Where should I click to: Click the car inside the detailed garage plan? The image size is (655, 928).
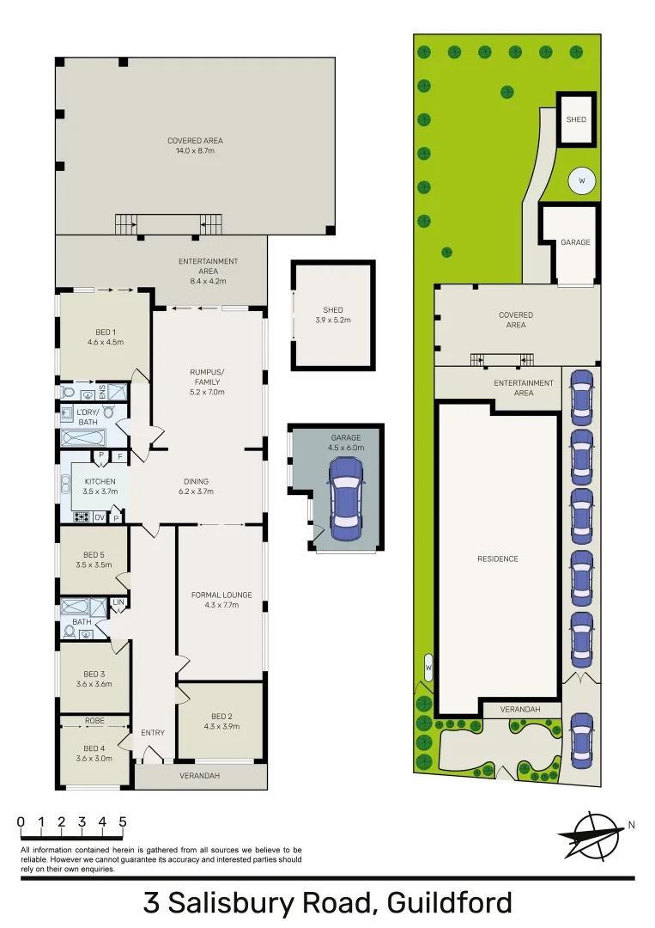[x=344, y=498]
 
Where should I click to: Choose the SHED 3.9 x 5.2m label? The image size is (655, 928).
[x=332, y=314]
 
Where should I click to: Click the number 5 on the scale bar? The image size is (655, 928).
[x=123, y=821]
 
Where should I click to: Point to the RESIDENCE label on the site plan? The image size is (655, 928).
[x=498, y=559]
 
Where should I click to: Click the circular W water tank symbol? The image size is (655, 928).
[x=581, y=181]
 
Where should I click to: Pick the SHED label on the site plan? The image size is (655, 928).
[x=576, y=119]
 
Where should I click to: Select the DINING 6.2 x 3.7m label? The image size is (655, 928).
[x=196, y=486]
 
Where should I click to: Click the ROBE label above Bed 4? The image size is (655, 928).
[x=94, y=721]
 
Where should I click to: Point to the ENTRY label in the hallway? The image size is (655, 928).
[x=153, y=732]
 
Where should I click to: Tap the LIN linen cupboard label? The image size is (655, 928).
[x=118, y=602]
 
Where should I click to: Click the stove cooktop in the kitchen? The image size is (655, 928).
[x=82, y=517]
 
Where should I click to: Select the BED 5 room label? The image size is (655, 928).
[x=94, y=560]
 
